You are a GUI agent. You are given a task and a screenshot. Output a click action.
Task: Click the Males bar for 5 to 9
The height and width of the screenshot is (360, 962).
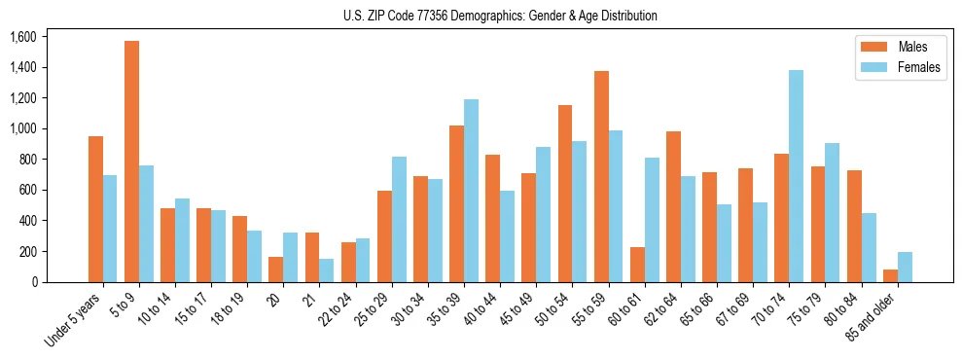[131, 162]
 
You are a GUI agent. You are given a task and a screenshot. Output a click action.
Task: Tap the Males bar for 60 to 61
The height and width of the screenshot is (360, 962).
[637, 265]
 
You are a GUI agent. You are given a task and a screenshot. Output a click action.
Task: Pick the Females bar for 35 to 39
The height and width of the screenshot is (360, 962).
[471, 191]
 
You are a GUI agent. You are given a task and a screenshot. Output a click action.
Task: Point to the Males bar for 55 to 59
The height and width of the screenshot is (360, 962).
[601, 176]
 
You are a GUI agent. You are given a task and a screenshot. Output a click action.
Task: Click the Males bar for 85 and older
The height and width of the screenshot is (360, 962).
[890, 276]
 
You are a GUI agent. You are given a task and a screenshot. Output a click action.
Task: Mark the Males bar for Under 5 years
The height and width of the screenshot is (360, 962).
[95, 209]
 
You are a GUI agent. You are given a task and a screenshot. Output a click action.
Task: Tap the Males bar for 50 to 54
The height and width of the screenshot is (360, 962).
[565, 194]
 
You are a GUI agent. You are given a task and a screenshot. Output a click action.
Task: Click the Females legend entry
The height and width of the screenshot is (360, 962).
[899, 68]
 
